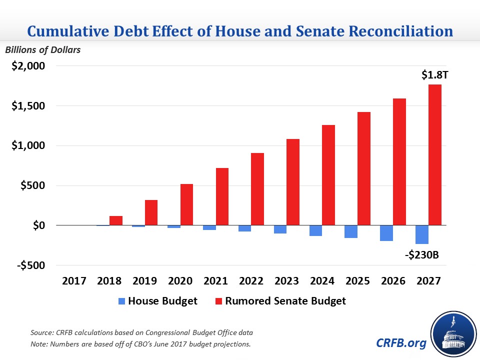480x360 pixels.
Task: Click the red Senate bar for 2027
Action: pyautogui.click(x=434, y=155)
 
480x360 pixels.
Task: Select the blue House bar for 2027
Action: pyautogui.click(x=421, y=234)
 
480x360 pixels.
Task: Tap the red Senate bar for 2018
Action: pyautogui.click(x=116, y=220)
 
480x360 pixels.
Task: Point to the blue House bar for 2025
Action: pyautogui.click(x=351, y=231)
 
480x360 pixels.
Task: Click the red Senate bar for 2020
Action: pyautogui.click(x=186, y=204)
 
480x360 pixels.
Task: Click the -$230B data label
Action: pyautogui.click(x=421, y=255)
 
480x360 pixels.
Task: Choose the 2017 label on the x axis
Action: pyautogui.click(x=73, y=281)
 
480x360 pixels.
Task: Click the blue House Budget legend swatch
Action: pyautogui.click(x=121, y=301)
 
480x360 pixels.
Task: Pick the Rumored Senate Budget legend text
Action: pyautogui.click(x=285, y=301)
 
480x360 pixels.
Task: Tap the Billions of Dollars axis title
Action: pyautogui.click(x=42, y=49)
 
